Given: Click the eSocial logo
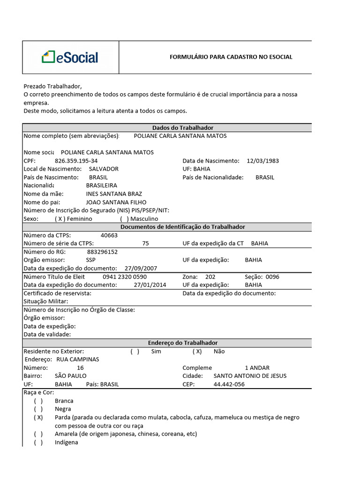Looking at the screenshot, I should coord(70,58).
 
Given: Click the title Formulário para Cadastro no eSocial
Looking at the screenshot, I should coord(231,57).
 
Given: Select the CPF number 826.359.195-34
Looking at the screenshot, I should coord(76,161).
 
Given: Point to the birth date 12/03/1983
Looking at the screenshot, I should coord(262,161).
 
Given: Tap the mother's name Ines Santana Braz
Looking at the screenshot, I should coord(114,194).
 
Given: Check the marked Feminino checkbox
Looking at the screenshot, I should coord(60,219).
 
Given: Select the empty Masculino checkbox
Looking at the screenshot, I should coord(124,219).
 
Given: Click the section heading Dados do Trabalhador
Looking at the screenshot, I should coord(183,127).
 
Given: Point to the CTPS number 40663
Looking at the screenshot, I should coord(109,235).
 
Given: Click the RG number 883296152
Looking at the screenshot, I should coord(102,252).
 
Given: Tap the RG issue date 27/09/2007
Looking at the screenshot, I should coord(141,269).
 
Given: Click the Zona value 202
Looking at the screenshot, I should coord(210,277).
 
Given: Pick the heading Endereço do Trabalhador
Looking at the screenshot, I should coord(183,343).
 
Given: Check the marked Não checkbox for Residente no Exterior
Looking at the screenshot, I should coord(197,351).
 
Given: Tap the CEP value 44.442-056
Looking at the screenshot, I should coord(229,384).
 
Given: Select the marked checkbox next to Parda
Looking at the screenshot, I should coord(38,417).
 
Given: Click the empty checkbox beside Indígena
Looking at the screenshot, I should coord(38,442).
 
